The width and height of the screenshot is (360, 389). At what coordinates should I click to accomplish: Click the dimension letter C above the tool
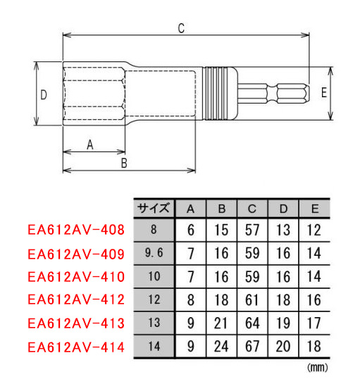pos(181,28)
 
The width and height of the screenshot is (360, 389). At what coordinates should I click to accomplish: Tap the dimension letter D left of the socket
pos(44,94)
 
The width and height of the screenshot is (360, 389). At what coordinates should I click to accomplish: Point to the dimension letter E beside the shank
pos(324,93)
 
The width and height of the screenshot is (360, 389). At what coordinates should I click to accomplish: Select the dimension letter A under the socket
pos(90,144)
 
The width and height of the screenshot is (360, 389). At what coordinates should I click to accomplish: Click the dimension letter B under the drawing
pos(124,163)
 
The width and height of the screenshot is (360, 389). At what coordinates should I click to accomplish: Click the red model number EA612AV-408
pos(76,230)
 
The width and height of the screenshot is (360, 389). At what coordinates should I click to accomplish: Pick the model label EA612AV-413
pos(76,323)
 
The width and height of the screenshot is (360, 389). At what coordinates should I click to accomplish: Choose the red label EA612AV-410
pos(76,277)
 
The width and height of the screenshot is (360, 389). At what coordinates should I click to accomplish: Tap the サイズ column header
pos(154,209)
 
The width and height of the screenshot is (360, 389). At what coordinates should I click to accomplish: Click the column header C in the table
pos(252,209)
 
